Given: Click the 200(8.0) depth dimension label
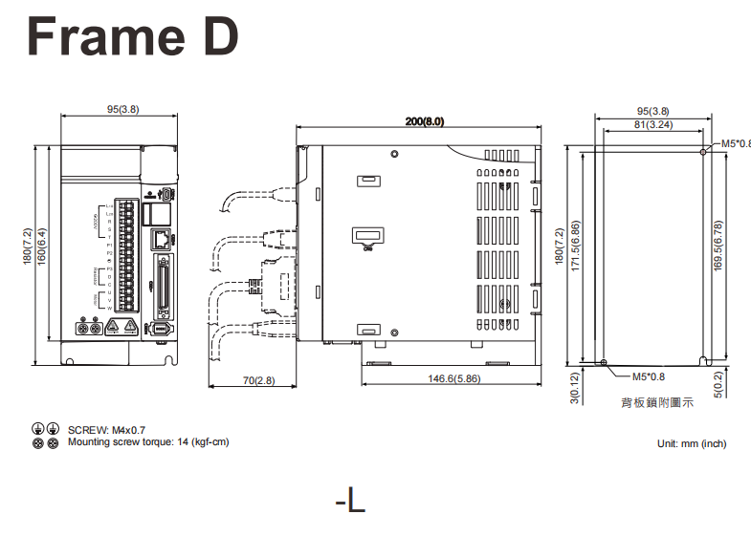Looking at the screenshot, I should (x=425, y=121).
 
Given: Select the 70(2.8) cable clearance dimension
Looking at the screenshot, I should (x=258, y=380).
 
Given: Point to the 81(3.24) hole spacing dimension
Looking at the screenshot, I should (x=652, y=124).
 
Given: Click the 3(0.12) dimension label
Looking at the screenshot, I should (x=574, y=387).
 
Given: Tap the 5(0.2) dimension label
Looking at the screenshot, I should (x=718, y=385).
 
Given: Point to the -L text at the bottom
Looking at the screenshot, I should (x=350, y=500).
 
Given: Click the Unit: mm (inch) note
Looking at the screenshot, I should (x=692, y=443).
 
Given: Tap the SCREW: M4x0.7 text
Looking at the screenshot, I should (x=106, y=431).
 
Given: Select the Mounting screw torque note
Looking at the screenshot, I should (x=148, y=442).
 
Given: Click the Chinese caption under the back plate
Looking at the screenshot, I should (x=657, y=403).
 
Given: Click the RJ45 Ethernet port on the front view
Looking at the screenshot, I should (x=163, y=237).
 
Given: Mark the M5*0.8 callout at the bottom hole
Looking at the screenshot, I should (x=649, y=376).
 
